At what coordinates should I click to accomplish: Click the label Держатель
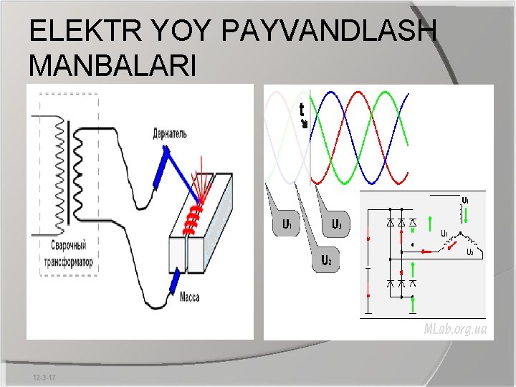tap(170, 133)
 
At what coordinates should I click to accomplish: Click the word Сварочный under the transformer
tap(67, 252)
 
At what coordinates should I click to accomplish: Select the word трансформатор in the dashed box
tap(67, 262)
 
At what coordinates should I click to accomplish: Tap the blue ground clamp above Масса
tap(174, 282)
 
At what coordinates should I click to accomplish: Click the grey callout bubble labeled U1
tap(284, 224)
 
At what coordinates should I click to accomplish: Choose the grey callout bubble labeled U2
tap(325, 259)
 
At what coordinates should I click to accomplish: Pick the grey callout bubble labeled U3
tap(335, 224)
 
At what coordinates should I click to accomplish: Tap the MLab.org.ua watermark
tap(455, 329)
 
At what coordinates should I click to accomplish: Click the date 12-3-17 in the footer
tap(45, 377)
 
